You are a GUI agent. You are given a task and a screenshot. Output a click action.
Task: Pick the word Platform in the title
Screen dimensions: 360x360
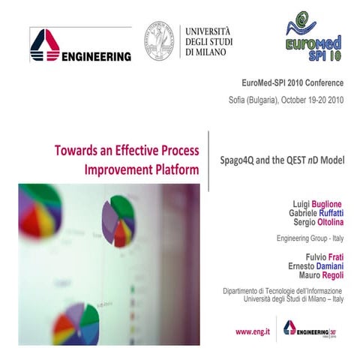point(173,169)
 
